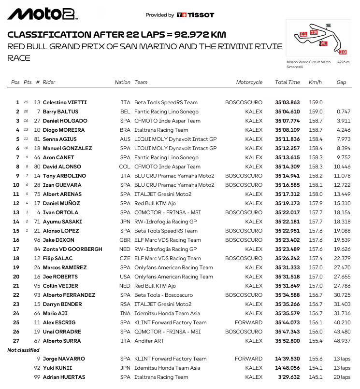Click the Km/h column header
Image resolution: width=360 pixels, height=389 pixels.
(315, 82)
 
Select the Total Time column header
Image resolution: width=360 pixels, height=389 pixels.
(288, 82)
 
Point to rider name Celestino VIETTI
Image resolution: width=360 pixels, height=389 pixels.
(65, 102)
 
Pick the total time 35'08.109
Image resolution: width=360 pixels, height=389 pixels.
(288, 130)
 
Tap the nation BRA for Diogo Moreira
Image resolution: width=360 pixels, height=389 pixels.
(126, 130)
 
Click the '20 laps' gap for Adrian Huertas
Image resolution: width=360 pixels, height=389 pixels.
(341, 377)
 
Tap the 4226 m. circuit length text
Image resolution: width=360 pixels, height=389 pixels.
(344, 62)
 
